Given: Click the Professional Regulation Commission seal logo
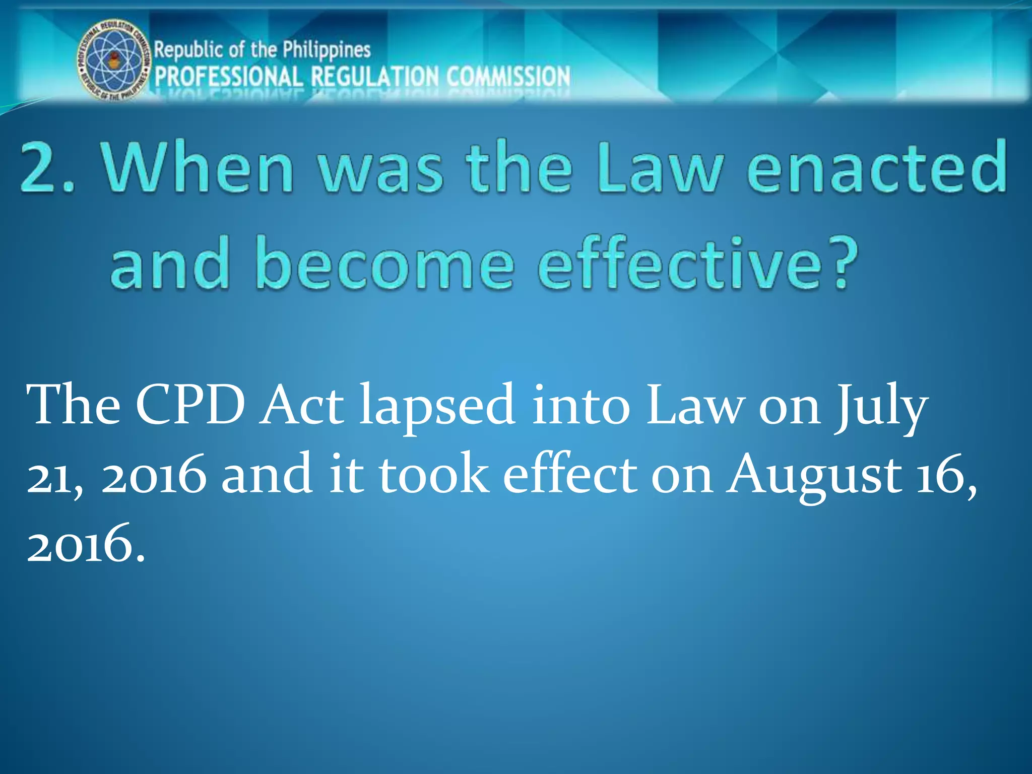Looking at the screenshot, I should [114, 60].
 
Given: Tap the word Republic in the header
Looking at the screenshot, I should [188, 50].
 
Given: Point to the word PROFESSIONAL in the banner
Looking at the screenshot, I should [229, 77].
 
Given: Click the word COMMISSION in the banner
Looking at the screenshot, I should [508, 77].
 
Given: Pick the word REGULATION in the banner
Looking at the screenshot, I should [375, 77].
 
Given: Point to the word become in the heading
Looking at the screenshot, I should [385, 263].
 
